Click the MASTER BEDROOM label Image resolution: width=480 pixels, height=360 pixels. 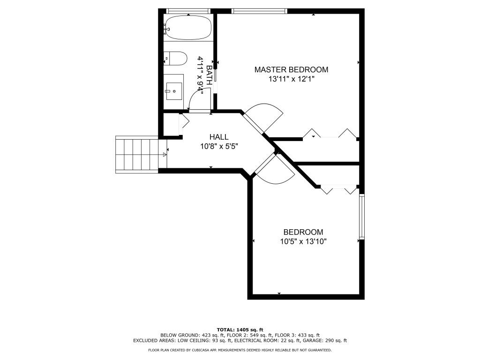291,69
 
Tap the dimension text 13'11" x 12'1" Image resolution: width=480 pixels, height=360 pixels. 291,79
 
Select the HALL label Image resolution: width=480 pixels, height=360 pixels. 219,137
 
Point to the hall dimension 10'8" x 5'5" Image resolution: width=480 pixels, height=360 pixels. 219,146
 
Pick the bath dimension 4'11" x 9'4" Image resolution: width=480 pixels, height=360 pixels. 200,75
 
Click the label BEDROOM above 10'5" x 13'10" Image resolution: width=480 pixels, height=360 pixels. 303,232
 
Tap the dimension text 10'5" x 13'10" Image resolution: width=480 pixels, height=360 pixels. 303,241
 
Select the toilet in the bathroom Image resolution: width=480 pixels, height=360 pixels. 175,59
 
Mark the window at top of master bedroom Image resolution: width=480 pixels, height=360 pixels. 259,11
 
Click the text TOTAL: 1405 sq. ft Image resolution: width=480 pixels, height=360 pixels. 240,329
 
